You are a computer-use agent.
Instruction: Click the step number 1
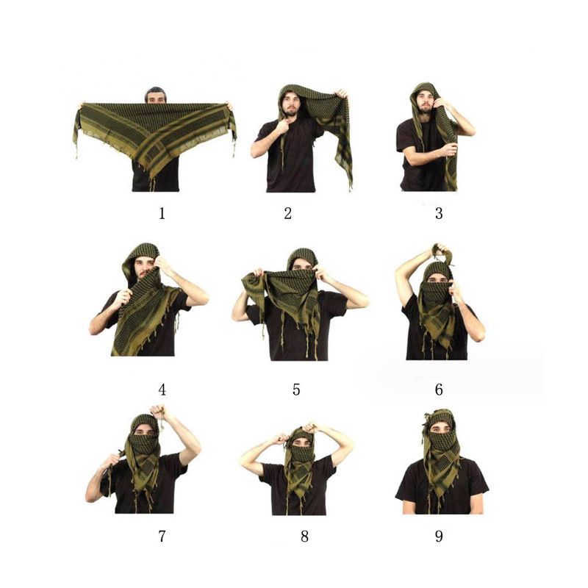(162, 213)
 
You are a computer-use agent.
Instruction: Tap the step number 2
(287, 213)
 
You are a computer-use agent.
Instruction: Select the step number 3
(439, 213)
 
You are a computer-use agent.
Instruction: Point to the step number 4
(162, 390)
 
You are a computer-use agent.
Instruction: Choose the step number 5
(296, 390)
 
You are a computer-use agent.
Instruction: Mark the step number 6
(439, 390)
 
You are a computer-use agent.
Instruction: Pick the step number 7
(162, 537)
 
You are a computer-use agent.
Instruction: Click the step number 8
(304, 537)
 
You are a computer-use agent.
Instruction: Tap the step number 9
(439, 537)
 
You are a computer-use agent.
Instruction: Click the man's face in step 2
(290, 104)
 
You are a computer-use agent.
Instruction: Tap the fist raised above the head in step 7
(158, 412)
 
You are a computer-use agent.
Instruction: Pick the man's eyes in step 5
(302, 268)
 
